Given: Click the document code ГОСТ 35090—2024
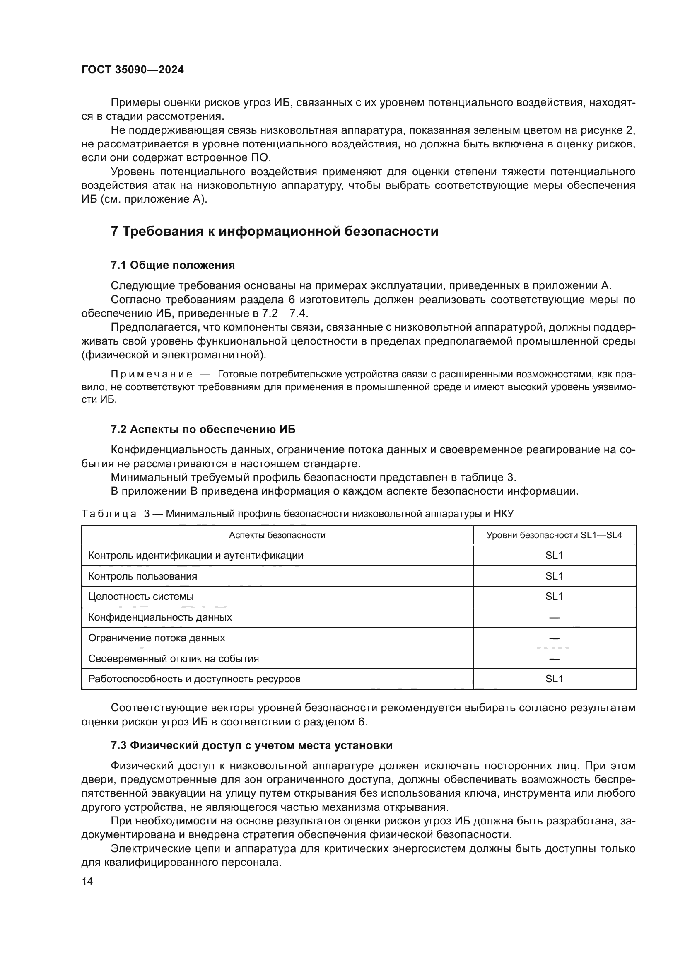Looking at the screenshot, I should tap(133, 70).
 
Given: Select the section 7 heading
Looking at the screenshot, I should tap(275, 231).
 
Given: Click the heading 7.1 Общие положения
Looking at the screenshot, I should tap(173, 265).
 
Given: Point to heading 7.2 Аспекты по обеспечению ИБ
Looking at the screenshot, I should tap(203, 429).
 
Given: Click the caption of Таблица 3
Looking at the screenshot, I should tap(297, 514).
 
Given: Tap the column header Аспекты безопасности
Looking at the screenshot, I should tap(277, 535).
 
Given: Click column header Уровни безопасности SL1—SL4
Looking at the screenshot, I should tap(554, 535).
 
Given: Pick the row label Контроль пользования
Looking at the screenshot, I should tap(142, 577).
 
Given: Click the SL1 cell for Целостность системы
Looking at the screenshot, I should tap(554, 597).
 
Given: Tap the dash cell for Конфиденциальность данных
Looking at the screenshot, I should tap(554, 617).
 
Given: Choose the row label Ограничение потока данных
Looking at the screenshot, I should tap(157, 638).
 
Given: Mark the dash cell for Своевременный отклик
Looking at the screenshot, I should tap(554, 659).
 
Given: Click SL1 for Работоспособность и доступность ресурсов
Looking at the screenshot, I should tap(554, 679).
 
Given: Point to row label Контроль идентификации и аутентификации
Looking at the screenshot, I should tap(196, 556).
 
